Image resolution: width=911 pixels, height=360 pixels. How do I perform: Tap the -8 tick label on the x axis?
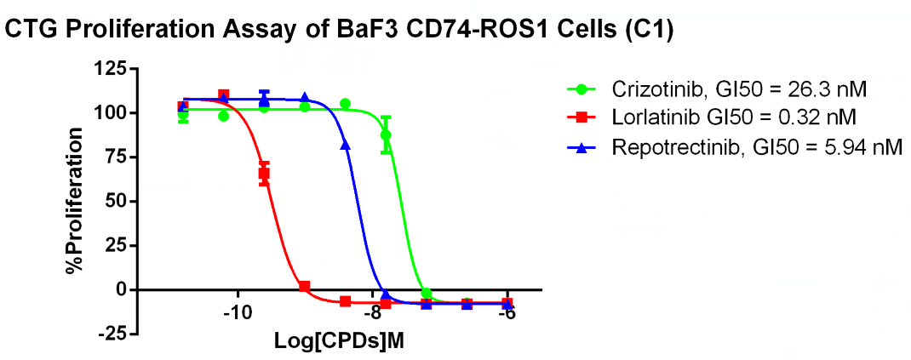click(x=373, y=313)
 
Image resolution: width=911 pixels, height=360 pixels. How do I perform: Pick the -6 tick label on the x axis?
click(x=507, y=313)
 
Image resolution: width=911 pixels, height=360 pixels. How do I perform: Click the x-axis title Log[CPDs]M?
click(x=338, y=341)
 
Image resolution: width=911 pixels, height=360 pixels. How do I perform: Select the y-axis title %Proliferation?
click(x=76, y=201)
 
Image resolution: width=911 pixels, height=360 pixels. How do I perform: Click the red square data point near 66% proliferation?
click(x=264, y=173)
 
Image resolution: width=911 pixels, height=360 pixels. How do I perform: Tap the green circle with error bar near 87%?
click(x=386, y=134)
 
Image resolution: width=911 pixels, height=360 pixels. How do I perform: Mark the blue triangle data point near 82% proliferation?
click(x=345, y=146)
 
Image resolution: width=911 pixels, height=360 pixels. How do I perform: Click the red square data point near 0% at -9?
click(x=304, y=287)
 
